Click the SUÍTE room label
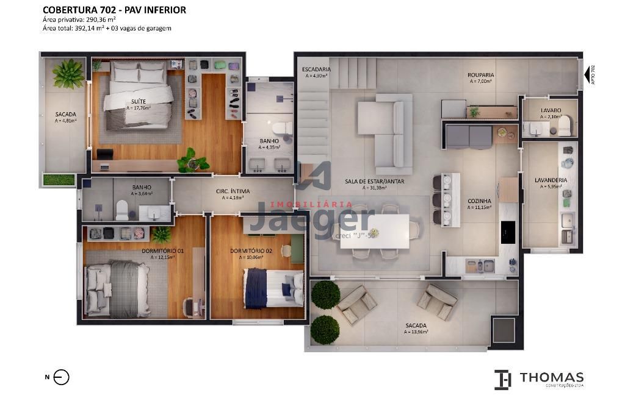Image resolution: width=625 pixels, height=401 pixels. (x=137, y=101)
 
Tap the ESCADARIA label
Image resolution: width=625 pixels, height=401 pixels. (x=316, y=69)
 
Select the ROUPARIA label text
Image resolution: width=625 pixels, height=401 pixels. (x=481, y=75)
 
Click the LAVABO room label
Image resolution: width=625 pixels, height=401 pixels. (x=551, y=110)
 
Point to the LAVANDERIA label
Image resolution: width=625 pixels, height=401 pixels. (x=551, y=180)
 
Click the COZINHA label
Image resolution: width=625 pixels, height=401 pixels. (x=479, y=200)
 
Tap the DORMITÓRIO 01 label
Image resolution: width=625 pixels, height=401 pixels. (x=162, y=250)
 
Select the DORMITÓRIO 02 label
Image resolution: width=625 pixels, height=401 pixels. (x=251, y=250)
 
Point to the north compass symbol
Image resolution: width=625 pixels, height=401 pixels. (x=62, y=377)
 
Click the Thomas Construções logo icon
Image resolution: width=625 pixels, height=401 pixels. (x=502, y=379)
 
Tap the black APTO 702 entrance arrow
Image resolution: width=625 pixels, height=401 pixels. (x=587, y=74)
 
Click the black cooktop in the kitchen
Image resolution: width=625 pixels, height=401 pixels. (x=508, y=232)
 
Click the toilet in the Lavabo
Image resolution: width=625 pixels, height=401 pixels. (x=564, y=127)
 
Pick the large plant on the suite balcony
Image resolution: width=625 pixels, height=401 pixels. (x=68, y=74)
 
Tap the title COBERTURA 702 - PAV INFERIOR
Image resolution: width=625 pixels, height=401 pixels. (x=114, y=10)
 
